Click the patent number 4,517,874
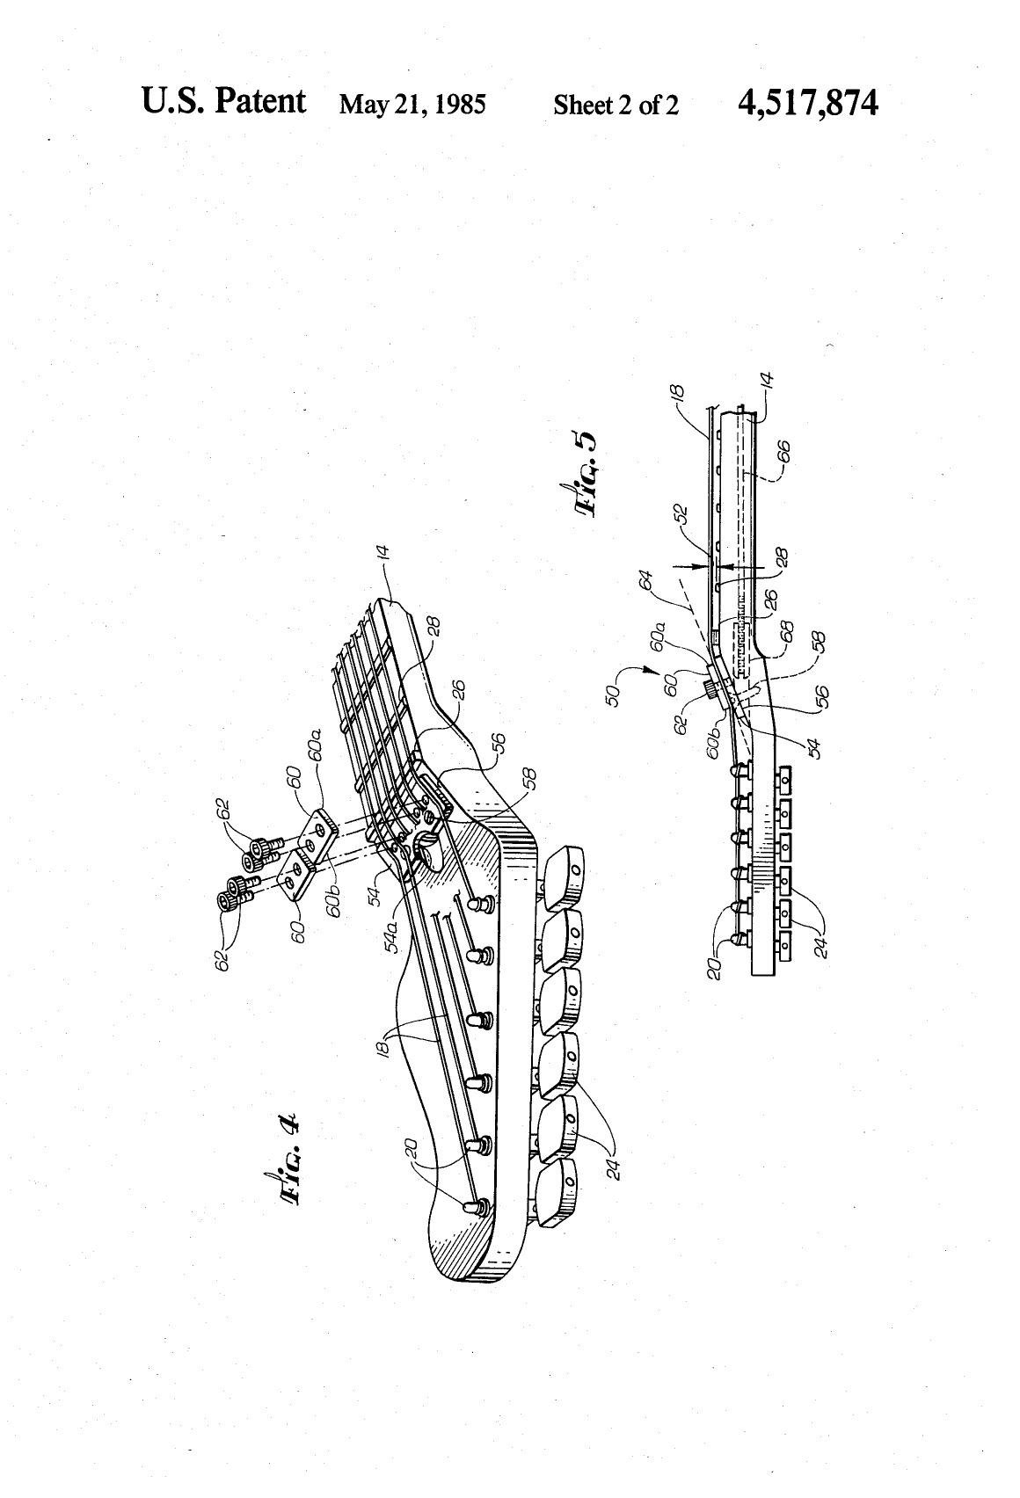click(x=807, y=105)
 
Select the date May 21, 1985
click(x=412, y=105)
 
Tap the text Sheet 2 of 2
click(x=616, y=105)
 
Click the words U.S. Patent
click(x=223, y=102)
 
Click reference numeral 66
click(x=783, y=452)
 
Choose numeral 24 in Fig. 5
click(x=822, y=947)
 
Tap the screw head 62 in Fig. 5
click(x=710, y=689)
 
